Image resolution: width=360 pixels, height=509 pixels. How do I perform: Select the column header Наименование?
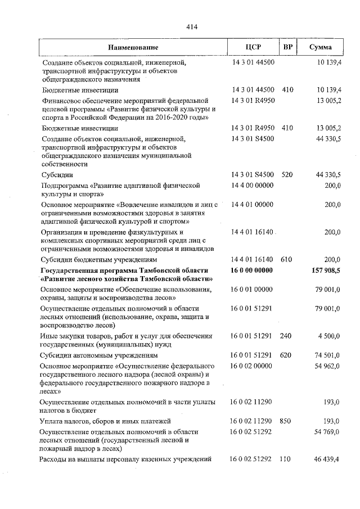coord(133,47)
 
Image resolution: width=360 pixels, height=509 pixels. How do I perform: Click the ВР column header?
coord(287,47)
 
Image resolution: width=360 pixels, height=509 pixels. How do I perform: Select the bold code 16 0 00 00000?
coord(252,271)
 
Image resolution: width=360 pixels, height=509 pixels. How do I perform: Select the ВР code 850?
coord(286,421)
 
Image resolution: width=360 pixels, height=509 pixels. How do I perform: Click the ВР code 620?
coord(287,356)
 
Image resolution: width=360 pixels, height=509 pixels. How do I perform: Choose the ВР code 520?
coord(287,175)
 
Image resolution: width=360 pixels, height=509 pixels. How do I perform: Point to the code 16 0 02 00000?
coord(252,366)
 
